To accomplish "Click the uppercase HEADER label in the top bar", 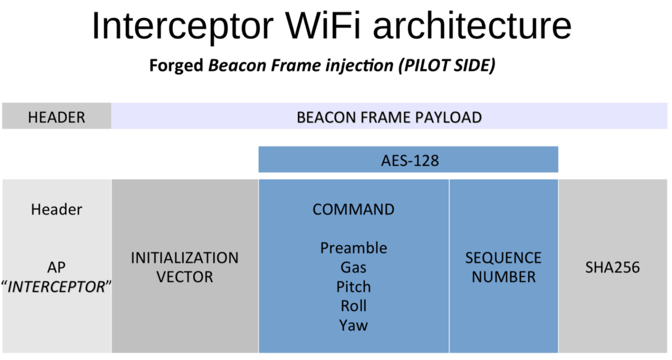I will [57, 118].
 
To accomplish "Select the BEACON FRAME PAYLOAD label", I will [389, 118].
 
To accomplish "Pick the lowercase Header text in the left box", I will [57, 209].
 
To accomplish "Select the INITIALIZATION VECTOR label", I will [184, 267].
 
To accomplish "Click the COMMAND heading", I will [353, 209].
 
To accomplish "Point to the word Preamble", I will [353, 247].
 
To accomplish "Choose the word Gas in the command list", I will [353, 267].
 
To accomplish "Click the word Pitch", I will [353, 287].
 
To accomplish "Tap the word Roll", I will [353, 306].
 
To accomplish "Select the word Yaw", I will [353, 325].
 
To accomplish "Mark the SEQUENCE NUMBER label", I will [503, 267].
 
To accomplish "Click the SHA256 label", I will [613, 267].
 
